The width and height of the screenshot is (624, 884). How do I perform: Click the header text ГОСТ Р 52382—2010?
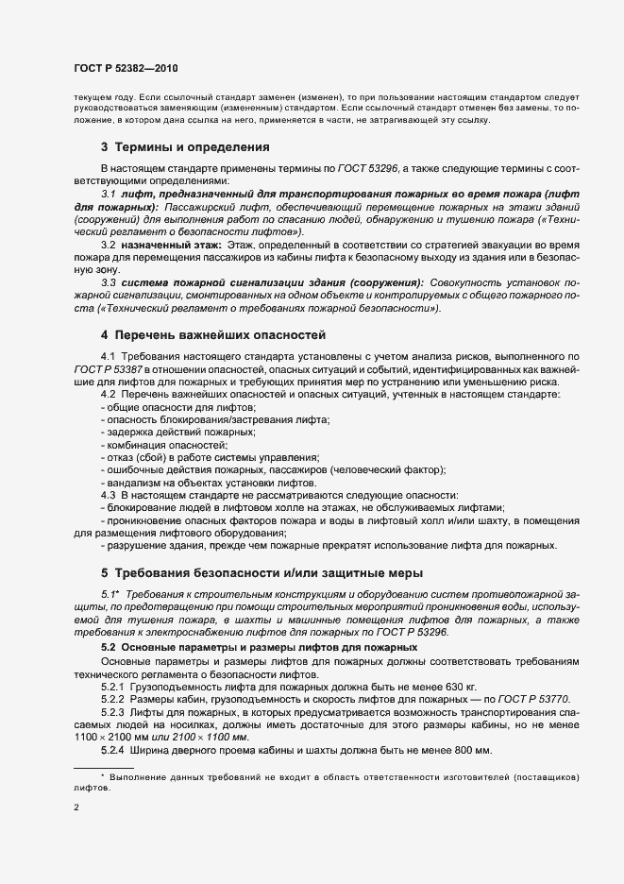click(x=124, y=69)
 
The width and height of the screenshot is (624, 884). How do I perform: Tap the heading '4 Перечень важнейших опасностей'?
click(x=214, y=334)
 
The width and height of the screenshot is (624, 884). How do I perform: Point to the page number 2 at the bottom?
click(x=76, y=808)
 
